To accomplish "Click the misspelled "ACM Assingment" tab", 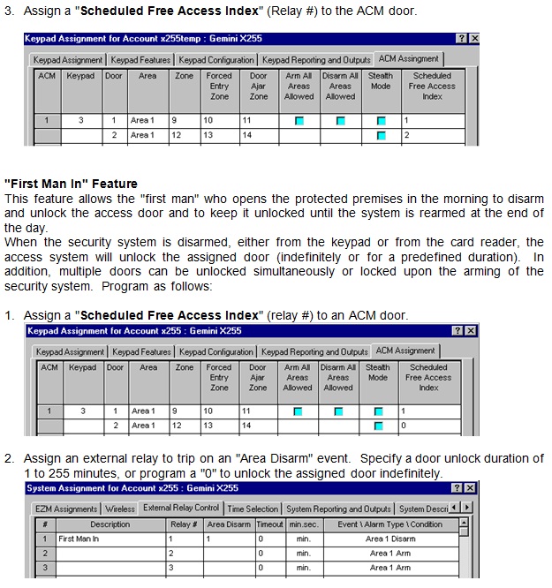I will click(408, 58).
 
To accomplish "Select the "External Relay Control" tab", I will click(181, 509).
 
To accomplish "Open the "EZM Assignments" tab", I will click(66, 509).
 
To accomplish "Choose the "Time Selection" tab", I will click(253, 509).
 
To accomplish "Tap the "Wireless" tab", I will click(121, 509).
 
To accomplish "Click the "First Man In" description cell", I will click(79, 539).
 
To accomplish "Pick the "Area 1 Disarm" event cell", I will click(390, 539).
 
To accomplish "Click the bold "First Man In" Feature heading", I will click(72, 184).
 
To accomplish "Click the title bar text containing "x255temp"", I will click(142, 39).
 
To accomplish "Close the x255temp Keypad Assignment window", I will click(474, 39).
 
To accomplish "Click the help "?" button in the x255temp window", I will click(461, 39).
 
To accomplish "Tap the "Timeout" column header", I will click(270, 524).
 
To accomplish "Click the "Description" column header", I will click(110, 524).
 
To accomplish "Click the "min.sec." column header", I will click(303, 524).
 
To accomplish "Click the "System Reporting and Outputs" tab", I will click(338, 509).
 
